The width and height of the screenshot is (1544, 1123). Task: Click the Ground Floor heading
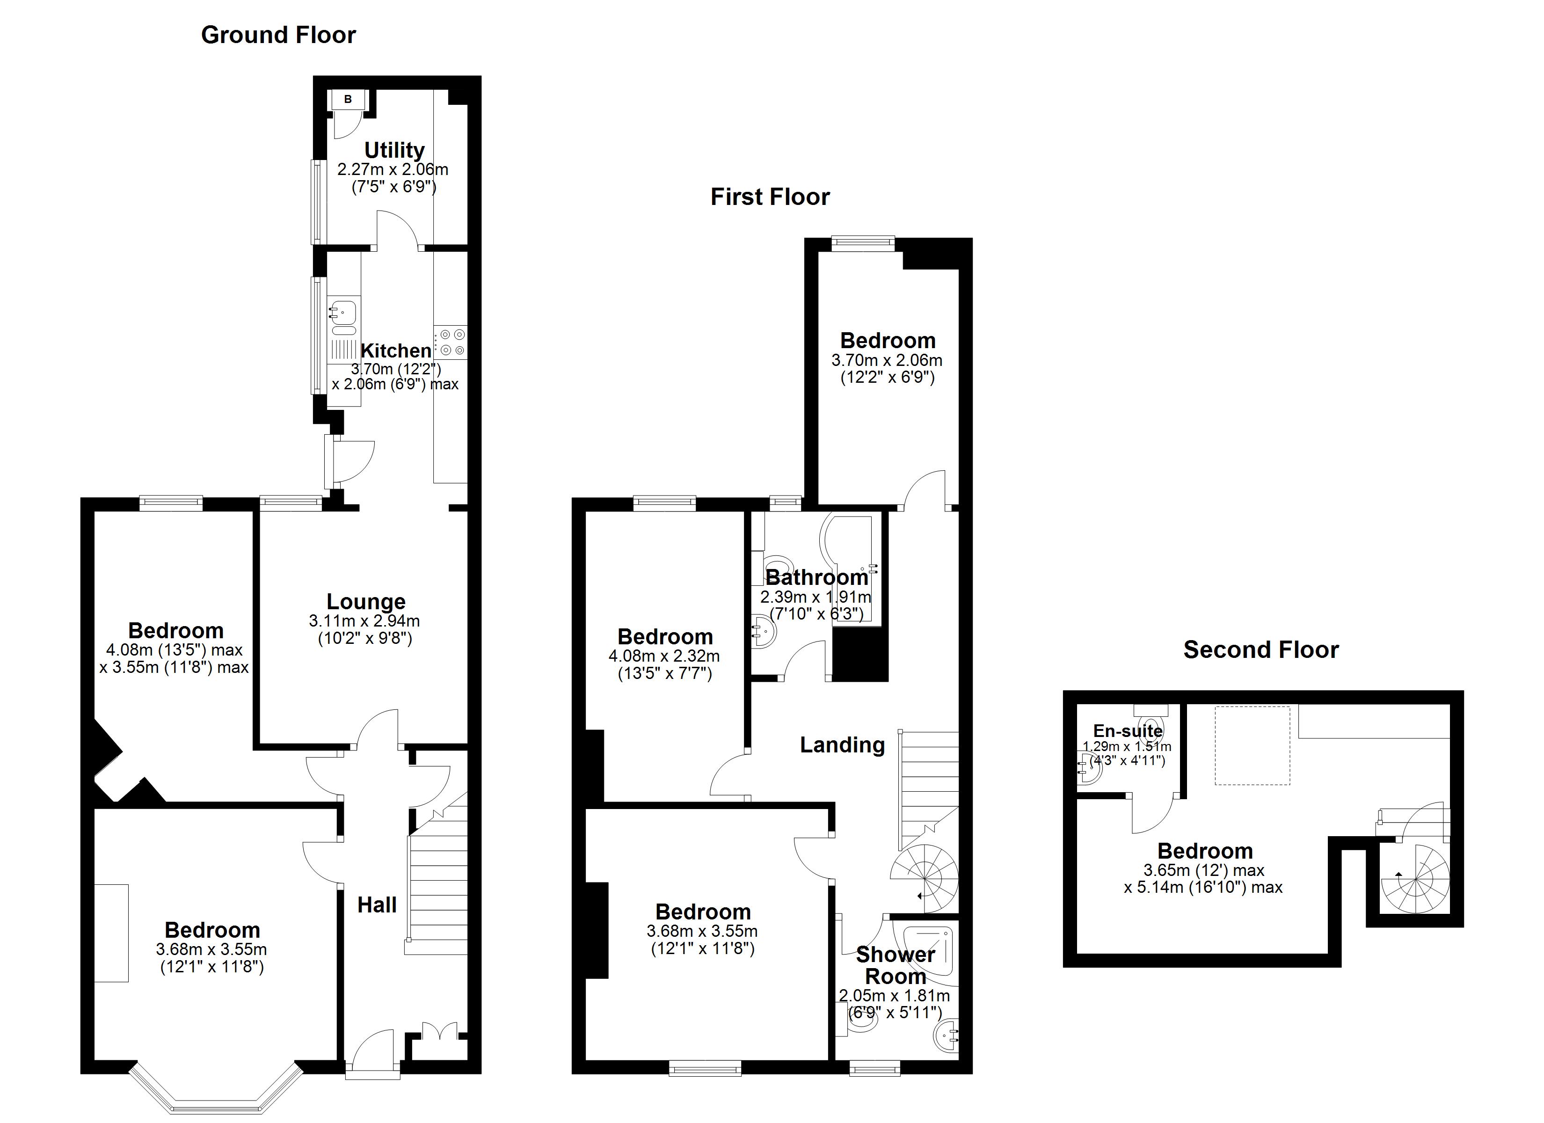[x=278, y=35]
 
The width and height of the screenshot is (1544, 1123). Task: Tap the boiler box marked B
[x=348, y=99]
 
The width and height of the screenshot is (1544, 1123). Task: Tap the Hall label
[x=377, y=904]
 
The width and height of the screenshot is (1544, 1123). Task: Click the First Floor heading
[x=770, y=197]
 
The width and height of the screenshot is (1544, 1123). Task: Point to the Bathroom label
[x=816, y=577]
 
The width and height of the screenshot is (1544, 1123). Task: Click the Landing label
[x=842, y=744]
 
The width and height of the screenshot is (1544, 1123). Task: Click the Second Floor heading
[x=1261, y=649]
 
